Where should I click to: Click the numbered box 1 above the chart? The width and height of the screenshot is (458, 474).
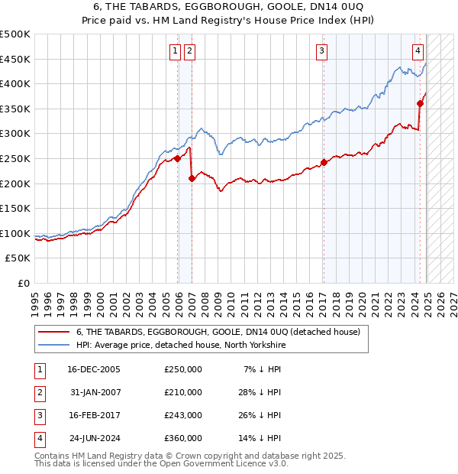click(x=176, y=51)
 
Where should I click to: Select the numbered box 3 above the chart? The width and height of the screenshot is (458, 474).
click(x=322, y=51)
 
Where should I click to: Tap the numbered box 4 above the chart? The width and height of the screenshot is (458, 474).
click(x=418, y=51)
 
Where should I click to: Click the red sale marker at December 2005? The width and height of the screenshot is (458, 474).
click(x=178, y=158)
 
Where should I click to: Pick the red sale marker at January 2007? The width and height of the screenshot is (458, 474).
click(x=192, y=178)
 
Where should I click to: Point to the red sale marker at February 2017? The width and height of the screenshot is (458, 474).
click(x=324, y=162)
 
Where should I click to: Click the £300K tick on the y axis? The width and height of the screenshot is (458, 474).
click(x=16, y=134)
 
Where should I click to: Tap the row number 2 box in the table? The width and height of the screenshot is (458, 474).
click(x=37, y=392)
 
